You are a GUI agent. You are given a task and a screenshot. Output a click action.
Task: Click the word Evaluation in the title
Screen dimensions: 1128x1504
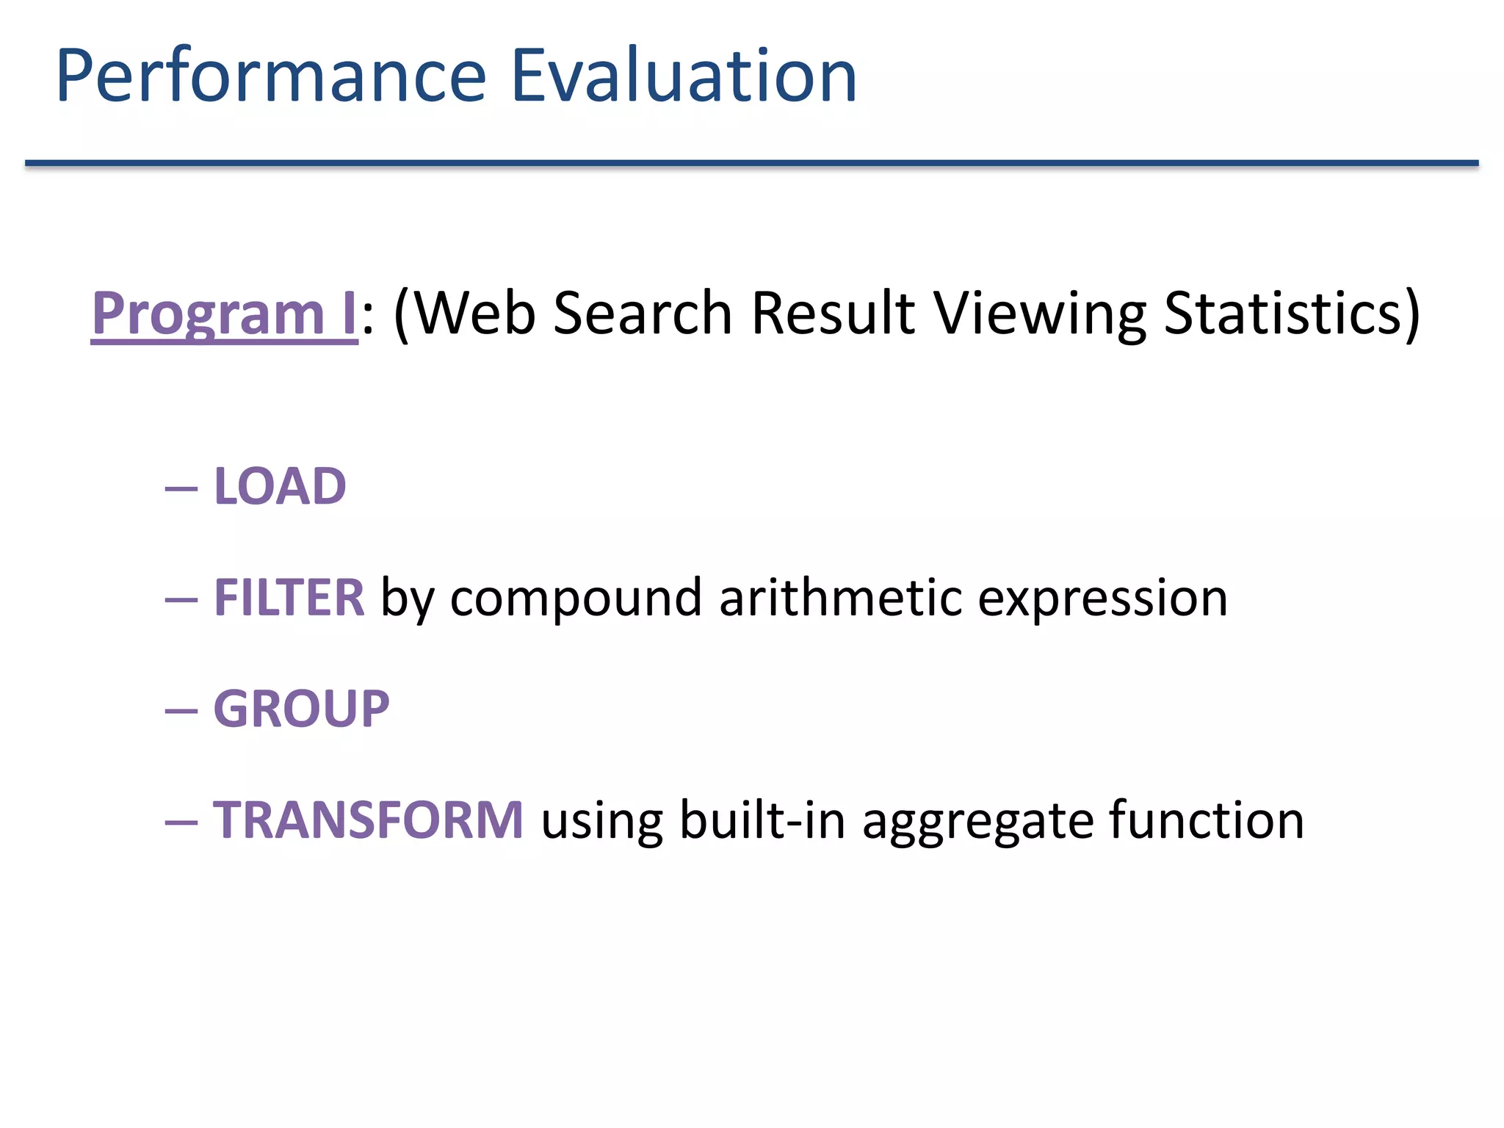[683, 76]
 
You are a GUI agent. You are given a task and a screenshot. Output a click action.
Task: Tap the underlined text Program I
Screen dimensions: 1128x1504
[224, 314]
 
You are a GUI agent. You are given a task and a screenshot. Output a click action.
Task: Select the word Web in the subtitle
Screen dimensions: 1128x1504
[478, 314]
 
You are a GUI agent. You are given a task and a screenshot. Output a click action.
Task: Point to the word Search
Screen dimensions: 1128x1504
[643, 314]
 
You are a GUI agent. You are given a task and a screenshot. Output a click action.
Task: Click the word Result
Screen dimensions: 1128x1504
[833, 314]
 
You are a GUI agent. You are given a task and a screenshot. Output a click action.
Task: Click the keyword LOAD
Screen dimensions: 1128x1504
[280, 486]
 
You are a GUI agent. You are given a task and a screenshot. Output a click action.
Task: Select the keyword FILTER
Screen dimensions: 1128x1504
[289, 597]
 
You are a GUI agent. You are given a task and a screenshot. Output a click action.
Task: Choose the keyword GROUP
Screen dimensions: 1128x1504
[301, 709]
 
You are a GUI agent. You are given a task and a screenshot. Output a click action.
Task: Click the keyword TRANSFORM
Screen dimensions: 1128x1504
[368, 820]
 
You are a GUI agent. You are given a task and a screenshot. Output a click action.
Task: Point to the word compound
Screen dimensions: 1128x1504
[576, 599]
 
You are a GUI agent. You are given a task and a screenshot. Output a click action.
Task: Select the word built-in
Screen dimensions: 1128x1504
[762, 820]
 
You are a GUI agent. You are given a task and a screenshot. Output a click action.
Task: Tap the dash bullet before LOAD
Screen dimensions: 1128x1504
[181, 488]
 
